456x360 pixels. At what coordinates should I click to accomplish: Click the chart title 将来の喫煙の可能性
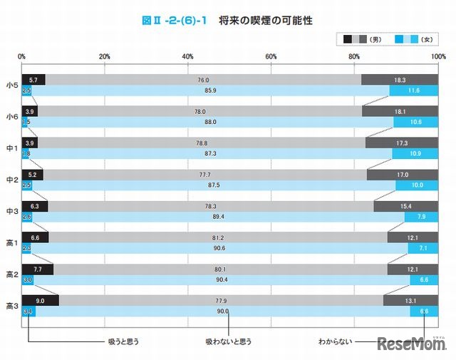tap(265, 20)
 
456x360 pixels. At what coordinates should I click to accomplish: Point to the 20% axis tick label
tap(105, 56)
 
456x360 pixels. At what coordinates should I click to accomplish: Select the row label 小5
tap(11, 85)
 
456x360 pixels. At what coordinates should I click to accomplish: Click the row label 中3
tap(11, 211)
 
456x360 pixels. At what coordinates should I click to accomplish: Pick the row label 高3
tap(11, 306)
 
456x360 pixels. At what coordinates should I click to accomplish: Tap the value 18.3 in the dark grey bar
tap(400, 80)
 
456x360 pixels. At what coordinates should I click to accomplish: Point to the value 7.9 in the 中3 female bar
tap(421, 217)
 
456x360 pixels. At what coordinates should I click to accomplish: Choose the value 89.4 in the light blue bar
tap(214, 217)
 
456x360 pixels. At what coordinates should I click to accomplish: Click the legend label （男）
tap(378, 38)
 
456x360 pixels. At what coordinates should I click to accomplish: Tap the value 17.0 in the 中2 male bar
tap(403, 175)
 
